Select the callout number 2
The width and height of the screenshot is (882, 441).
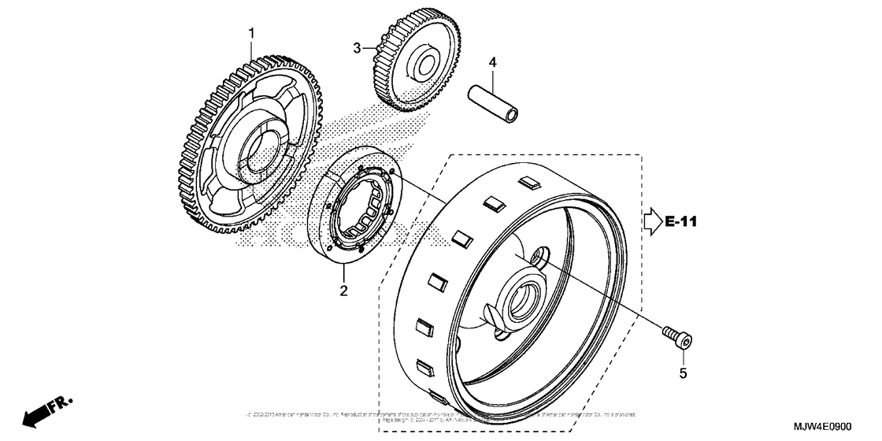[x=343, y=292]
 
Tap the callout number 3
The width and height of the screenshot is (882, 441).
[x=357, y=48]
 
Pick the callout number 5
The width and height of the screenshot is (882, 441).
[x=684, y=374]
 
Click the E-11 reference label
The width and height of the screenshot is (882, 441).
[x=681, y=222]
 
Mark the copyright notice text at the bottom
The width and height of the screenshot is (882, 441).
[x=441, y=415]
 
